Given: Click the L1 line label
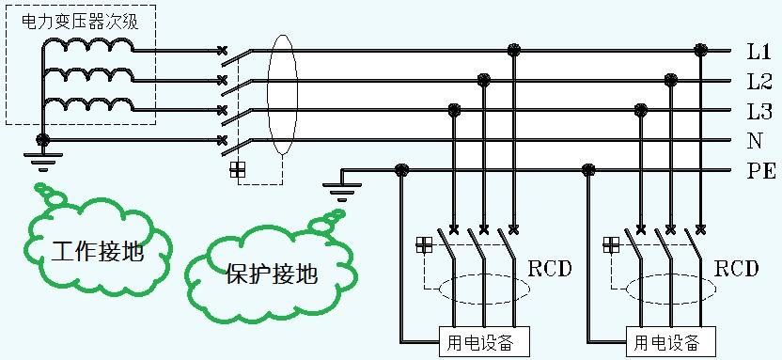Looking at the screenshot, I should click(x=759, y=51).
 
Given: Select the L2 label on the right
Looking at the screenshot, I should click(x=759, y=81).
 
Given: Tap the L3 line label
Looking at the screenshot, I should click(x=759, y=112).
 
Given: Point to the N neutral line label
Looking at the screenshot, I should click(x=754, y=142).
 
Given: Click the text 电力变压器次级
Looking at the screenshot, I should click(x=80, y=21).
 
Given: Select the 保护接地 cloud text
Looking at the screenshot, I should click(x=272, y=274).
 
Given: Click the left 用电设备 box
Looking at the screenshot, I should click(x=483, y=340).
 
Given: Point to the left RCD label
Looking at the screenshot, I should click(x=551, y=269).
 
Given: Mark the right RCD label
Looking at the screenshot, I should click(x=736, y=269).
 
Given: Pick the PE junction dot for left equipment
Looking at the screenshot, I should click(x=401, y=170).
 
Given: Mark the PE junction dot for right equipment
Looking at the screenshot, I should click(x=589, y=170).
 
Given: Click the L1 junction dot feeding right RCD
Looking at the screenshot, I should click(x=699, y=49).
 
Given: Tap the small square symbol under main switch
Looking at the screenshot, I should click(x=238, y=169).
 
